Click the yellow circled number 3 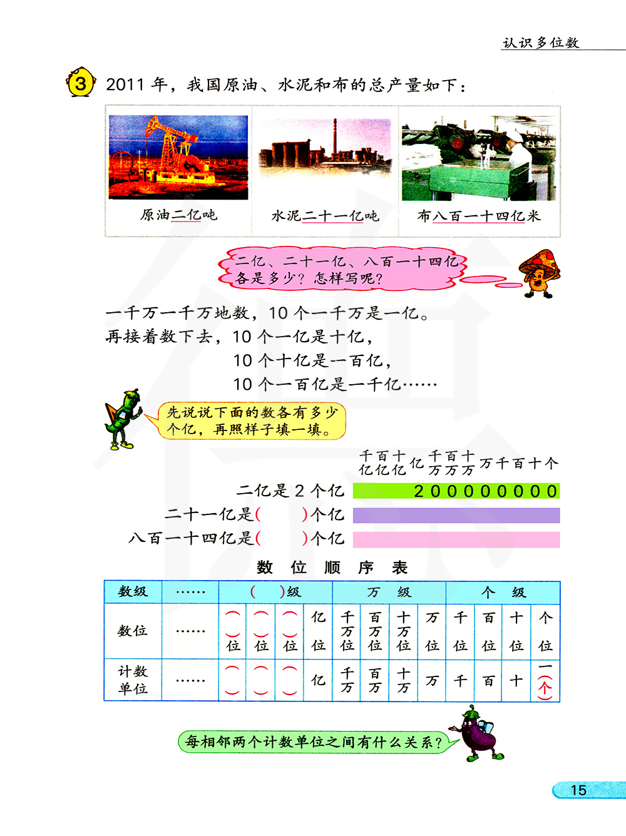[x=81, y=83]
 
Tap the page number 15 [x=578, y=790]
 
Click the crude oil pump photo [x=178, y=157]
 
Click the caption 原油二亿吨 [x=178, y=215]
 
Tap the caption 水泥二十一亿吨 [x=325, y=216]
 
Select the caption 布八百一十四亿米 [x=479, y=216]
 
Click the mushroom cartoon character [x=540, y=273]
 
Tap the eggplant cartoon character [x=478, y=733]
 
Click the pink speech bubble [x=342, y=270]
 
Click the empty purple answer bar [x=456, y=516]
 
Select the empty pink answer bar [x=456, y=539]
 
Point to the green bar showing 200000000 [x=456, y=491]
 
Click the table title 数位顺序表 [x=332, y=568]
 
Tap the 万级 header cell [x=389, y=592]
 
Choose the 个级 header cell [x=503, y=592]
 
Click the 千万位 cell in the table [x=347, y=631]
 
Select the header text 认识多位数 [x=541, y=43]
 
